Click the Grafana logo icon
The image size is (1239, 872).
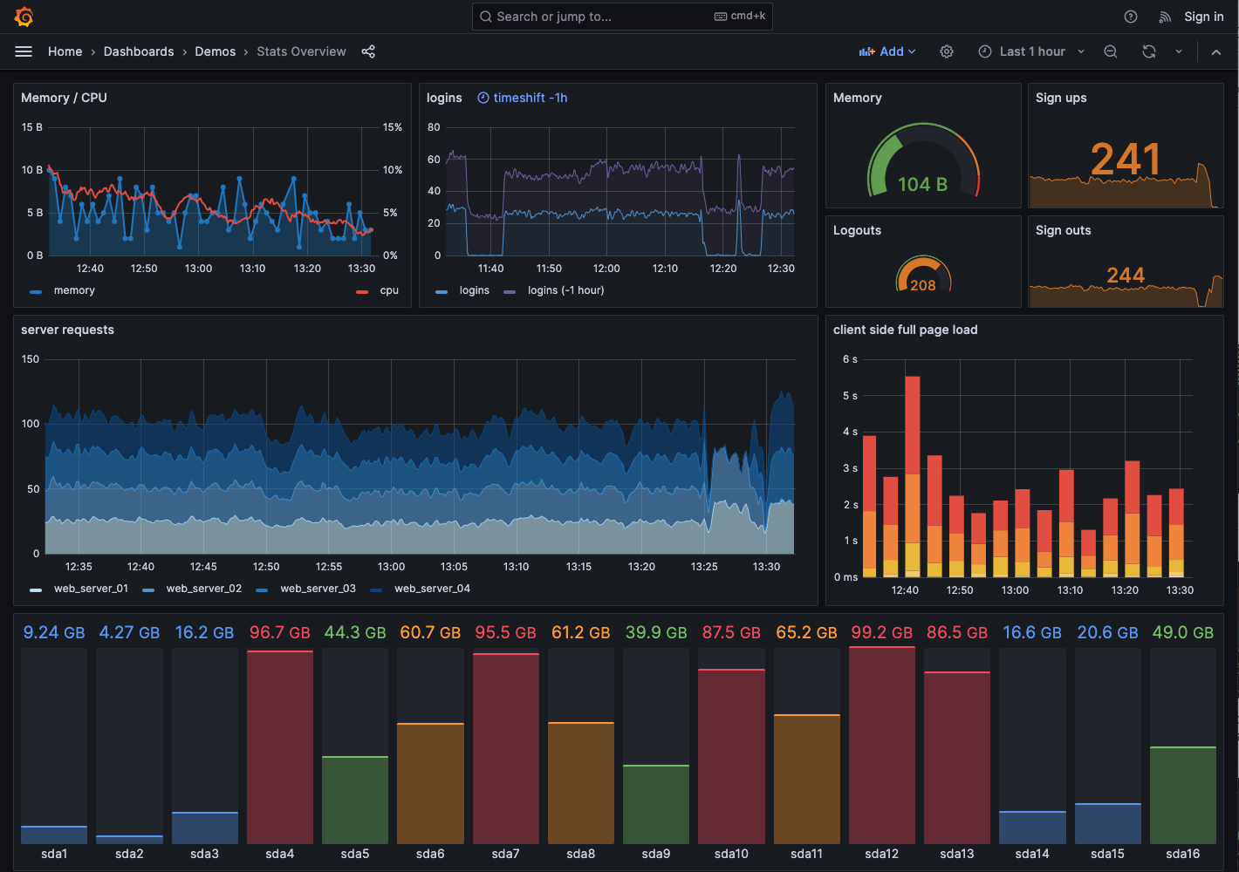[x=24, y=17]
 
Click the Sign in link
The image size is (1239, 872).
[x=1203, y=17]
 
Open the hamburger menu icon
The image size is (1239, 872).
[x=24, y=51]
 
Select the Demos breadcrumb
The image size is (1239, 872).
[x=216, y=51]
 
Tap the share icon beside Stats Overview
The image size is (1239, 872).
[x=368, y=51]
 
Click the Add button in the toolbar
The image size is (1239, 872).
[x=887, y=51]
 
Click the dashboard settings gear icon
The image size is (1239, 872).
[x=947, y=51]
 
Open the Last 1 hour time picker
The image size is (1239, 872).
[x=1031, y=51]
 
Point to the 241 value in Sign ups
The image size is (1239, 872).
[x=1125, y=160]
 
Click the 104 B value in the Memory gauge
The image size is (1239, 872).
[x=922, y=184]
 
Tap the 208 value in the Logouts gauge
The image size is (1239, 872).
[x=922, y=285]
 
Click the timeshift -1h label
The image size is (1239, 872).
[x=523, y=98]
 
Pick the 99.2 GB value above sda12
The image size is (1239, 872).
[x=881, y=632]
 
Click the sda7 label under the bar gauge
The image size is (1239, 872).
[x=505, y=854]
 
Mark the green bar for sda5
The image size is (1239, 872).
[x=355, y=800]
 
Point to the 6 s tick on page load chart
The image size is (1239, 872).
[x=850, y=359]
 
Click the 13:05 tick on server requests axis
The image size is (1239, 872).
[x=454, y=567]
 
